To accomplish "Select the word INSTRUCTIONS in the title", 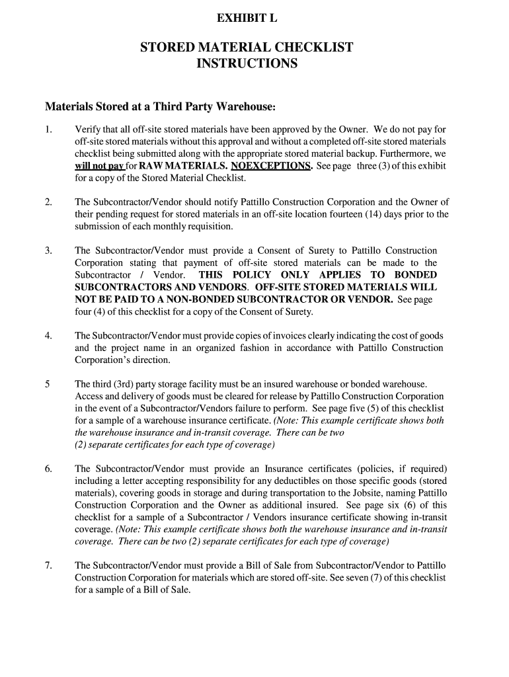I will [x=247, y=64].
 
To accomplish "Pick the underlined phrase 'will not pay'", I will [x=99, y=166].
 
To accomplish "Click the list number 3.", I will [x=48, y=251].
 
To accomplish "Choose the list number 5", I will [x=48, y=384].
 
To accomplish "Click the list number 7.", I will [x=48, y=566].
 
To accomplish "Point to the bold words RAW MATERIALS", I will [x=176, y=166].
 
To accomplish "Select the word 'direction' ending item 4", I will [x=151, y=360].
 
